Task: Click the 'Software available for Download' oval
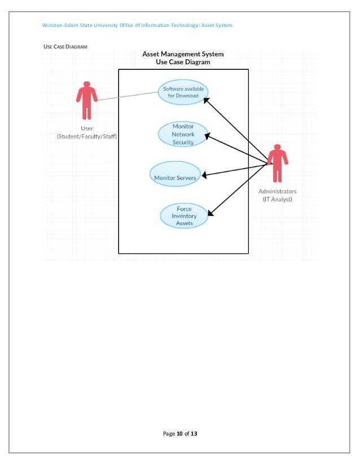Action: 183,92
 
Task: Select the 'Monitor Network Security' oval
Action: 183,134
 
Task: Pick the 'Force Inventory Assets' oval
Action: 184,216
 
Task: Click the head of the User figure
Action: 86,85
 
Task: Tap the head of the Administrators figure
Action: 276,147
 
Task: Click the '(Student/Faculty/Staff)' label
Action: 87,137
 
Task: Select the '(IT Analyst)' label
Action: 277,199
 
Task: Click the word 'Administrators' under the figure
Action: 277,191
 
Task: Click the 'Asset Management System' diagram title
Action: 183,54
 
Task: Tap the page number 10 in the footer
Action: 179,434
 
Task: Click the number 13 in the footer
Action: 194,434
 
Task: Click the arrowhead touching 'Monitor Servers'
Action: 204,175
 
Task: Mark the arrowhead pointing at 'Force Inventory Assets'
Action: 210,213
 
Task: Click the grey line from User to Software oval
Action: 127,96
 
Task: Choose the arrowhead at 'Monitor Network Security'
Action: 207,136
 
